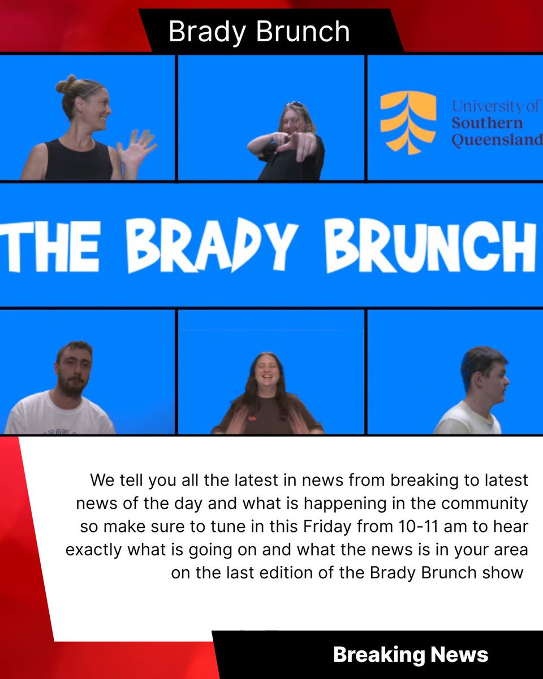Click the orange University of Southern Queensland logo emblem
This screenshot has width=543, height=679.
tap(408, 123)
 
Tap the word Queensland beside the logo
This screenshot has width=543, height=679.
tap(497, 139)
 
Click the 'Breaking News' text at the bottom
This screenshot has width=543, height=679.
tap(410, 655)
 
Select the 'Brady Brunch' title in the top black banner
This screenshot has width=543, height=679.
tap(259, 32)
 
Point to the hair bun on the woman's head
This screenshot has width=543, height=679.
tap(66, 85)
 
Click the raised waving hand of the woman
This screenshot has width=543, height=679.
tap(136, 148)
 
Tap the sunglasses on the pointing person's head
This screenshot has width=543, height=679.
tap(295, 105)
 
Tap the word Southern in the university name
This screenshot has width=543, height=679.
tap(487, 123)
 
